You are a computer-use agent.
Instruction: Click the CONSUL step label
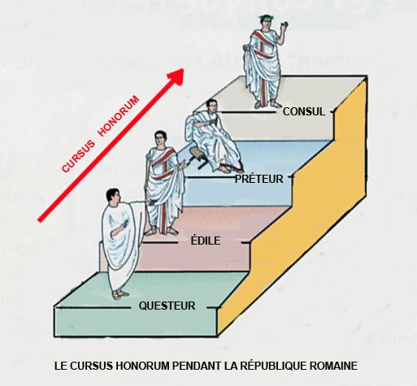coord(304,111)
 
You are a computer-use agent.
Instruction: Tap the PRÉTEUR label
coord(258,179)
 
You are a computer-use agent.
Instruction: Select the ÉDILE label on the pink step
coord(206,241)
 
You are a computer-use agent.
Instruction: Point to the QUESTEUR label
coord(167,306)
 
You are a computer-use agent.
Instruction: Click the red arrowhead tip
coord(184,69)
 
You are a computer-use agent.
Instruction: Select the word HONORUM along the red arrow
coord(119,115)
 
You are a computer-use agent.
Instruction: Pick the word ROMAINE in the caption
coord(333,366)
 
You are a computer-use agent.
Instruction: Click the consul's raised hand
coord(284,26)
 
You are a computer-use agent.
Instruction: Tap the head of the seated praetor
coord(211,106)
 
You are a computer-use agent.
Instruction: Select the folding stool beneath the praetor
coord(199,159)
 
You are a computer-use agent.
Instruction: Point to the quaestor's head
coord(113,197)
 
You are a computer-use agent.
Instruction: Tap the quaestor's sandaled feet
coord(120,294)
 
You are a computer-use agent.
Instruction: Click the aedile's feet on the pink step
coord(161,231)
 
